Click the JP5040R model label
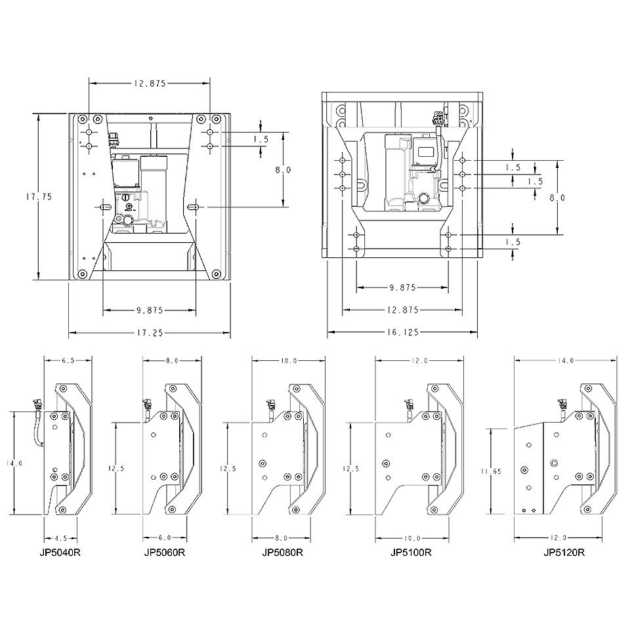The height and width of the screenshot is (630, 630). tap(60, 553)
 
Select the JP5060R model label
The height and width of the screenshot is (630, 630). tap(165, 553)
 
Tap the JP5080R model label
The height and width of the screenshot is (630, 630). tap(282, 553)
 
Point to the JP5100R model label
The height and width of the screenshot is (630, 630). tap(411, 553)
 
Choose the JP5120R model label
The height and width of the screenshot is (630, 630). tap(564, 553)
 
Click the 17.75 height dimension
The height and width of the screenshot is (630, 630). tap(39, 197)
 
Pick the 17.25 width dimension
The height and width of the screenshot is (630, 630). tap(150, 333)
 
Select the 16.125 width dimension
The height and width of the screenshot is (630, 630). tap(402, 332)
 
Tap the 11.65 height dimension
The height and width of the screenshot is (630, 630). tap(491, 471)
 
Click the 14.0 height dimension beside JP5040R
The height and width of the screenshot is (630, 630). tap(14, 463)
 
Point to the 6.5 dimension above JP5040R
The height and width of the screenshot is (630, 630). tap(68, 360)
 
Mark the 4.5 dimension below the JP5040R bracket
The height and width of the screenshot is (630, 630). tap(60, 538)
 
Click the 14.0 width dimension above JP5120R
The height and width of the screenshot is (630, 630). tap(565, 360)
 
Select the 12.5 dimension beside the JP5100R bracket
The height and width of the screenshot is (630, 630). tap(350, 469)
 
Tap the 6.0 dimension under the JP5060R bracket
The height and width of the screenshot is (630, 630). tap(165, 537)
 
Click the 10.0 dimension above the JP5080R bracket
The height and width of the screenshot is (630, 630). tap(289, 360)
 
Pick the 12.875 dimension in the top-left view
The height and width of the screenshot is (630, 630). tap(150, 83)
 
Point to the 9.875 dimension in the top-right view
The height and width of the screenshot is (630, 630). tap(402, 287)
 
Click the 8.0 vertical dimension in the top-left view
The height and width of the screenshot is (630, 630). tap(283, 170)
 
